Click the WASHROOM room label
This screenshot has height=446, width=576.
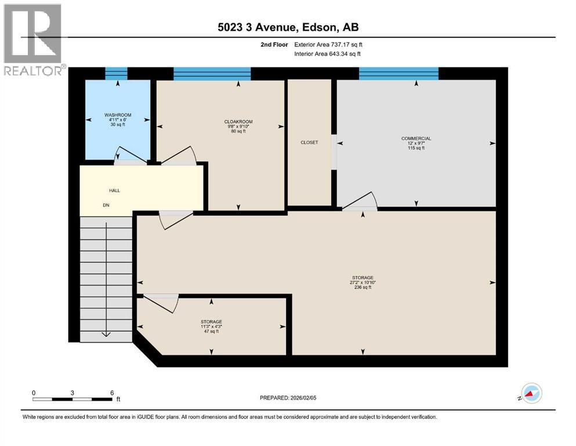(118, 115)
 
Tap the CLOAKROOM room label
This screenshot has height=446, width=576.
(237, 121)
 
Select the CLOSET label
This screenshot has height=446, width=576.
(309, 142)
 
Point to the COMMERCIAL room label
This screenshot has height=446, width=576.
(416, 138)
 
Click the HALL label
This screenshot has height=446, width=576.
(114, 190)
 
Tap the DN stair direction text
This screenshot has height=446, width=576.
(106, 205)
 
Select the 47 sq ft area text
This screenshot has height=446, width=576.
(211, 331)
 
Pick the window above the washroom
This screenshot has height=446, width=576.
(116, 73)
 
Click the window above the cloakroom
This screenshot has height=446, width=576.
(212, 73)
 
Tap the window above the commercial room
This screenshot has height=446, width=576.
(399, 73)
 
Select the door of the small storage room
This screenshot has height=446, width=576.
(160, 303)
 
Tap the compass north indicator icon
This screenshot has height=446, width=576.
(531, 394)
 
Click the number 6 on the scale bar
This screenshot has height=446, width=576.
(111, 393)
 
